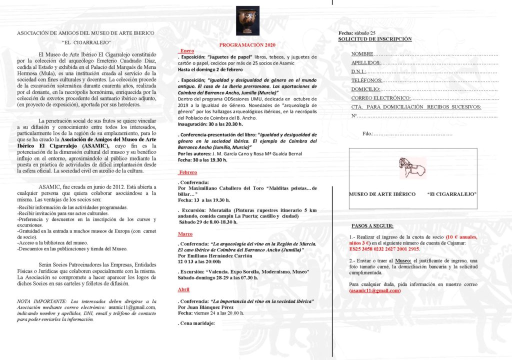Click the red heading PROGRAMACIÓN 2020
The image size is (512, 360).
pyautogui.click(x=247, y=44)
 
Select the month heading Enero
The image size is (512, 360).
pyautogui.click(x=187, y=51)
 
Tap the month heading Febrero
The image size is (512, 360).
pyautogui.click(x=188, y=172)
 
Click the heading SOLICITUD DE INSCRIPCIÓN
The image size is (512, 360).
pyautogui.click(x=375, y=39)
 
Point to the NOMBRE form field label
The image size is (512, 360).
pyautogui.click(x=362, y=53)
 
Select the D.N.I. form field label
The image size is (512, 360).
pyautogui.click(x=359, y=72)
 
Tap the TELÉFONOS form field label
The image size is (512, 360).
pyautogui.click(x=366, y=80)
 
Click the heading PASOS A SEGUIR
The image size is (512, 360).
pyautogui.click(x=372, y=226)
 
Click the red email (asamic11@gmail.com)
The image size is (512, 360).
pyautogui.click(x=375, y=290)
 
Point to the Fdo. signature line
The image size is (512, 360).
pyautogui.click(x=407, y=134)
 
